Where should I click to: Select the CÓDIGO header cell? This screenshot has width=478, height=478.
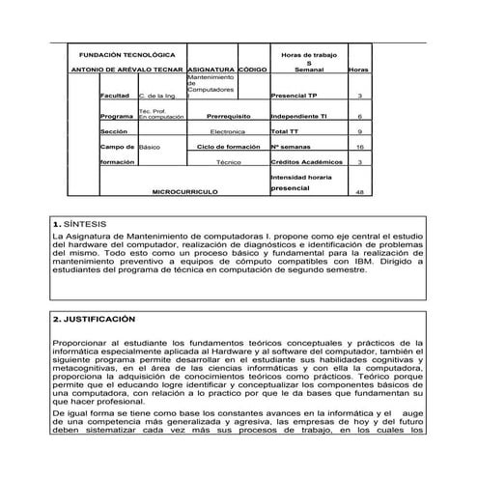pos(252,70)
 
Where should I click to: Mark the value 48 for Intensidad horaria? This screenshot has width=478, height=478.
pos(359,192)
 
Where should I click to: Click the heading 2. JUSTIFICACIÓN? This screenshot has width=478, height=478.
pos(94,318)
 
